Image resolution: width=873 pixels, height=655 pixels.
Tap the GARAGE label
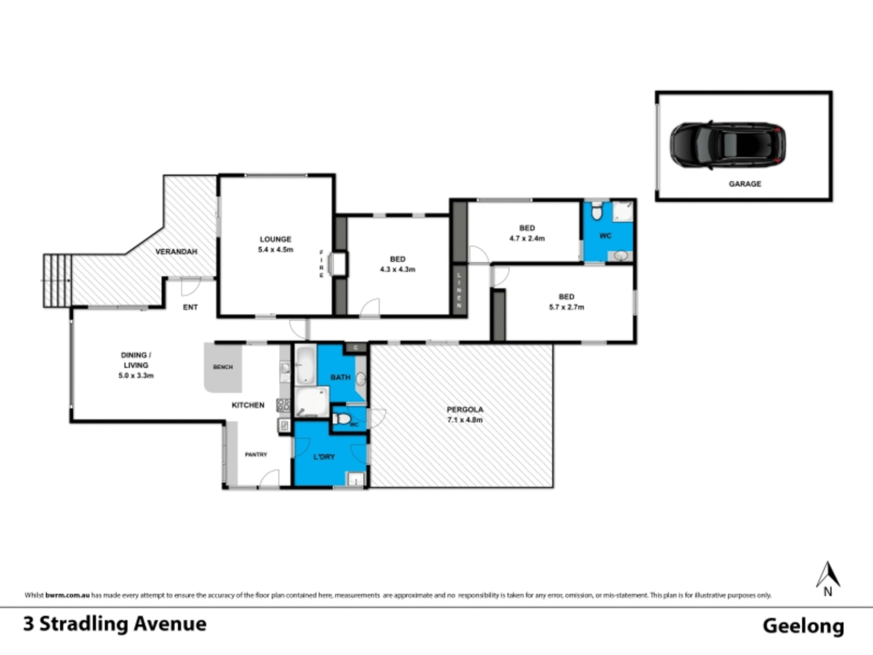click(744, 184)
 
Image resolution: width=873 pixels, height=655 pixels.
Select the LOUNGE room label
click(275, 239)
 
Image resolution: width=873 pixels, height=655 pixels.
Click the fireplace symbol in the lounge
click(336, 264)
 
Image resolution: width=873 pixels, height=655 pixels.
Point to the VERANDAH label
click(176, 251)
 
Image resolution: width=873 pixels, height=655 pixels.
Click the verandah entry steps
click(57, 280)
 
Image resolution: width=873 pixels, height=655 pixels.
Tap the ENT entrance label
click(190, 307)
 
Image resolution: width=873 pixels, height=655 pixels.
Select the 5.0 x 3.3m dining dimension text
click(136, 376)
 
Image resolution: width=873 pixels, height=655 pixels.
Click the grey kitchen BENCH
click(223, 368)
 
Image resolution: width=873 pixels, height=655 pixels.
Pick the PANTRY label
click(256, 454)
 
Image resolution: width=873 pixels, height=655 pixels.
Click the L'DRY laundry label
click(324, 457)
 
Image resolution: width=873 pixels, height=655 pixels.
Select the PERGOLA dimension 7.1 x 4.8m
click(465, 420)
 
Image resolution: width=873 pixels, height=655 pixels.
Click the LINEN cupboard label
click(459, 290)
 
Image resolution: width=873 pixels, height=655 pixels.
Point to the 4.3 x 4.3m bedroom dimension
click(398, 269)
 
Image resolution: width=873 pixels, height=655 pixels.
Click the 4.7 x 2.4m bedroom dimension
click(527, 238)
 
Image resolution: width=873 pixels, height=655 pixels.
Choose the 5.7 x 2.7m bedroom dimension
click(566, 307)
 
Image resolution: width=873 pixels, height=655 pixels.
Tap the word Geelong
click(803, 626)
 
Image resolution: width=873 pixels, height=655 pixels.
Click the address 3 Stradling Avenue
click(115, 624)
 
